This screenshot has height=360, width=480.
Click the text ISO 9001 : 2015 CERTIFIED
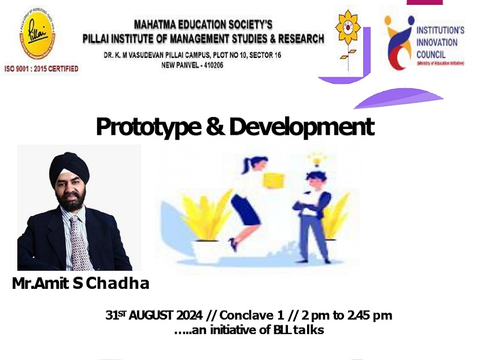point(41,69)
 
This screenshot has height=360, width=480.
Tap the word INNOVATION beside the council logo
point(438,42)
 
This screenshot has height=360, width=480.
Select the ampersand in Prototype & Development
point(215,126)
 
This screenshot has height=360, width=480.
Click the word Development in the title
point(301,126)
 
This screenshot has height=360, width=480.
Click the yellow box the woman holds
point(274,181)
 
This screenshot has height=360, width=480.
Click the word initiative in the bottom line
point(232,330)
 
